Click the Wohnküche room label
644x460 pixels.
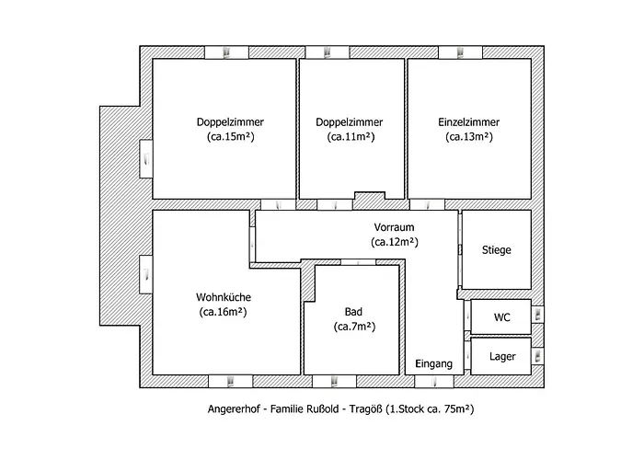(224, 297)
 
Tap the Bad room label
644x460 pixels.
(353, 311)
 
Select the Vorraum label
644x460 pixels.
(396, 227)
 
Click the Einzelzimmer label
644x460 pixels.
(468, 121)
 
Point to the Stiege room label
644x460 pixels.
(496, 249)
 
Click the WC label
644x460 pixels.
(501, 317)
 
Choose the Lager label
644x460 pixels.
(502, 356)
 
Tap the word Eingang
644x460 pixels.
(433, 364)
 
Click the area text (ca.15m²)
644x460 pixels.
(224, 137)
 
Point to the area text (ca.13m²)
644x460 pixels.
(468, 137)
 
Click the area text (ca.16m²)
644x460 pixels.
(224, 312)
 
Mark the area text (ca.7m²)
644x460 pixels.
(353, 327)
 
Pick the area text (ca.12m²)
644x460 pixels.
(396, 243)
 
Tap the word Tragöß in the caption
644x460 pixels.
(363, 408)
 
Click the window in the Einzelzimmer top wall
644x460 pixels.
(454, 52)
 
